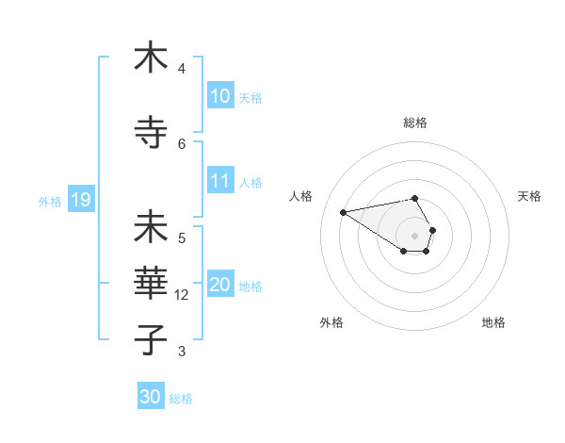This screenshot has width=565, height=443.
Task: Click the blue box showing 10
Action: pos(220,96)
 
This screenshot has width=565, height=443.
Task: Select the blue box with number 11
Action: pos(220,181)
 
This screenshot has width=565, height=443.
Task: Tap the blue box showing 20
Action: pos(220,285)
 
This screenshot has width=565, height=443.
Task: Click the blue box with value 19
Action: pos(80,200)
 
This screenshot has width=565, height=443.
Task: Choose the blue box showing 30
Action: pos(151,397)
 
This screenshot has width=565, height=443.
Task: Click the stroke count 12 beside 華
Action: pos(183,295)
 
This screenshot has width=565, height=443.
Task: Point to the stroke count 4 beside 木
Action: pos(182,69)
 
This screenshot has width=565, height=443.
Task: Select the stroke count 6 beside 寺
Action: pos(182,143)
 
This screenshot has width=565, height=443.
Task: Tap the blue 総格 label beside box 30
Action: pos(181,399)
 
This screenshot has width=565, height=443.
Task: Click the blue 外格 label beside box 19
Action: pos(49,201)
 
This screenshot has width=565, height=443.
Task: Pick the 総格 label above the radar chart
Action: pos(415,123)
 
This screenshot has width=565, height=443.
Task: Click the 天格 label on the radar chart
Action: pos(529,196)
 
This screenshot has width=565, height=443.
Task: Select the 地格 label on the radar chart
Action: pos(493,322)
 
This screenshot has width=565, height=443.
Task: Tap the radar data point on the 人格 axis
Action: pos(344,211)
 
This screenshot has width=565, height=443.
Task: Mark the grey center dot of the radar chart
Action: pos(415,235)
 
